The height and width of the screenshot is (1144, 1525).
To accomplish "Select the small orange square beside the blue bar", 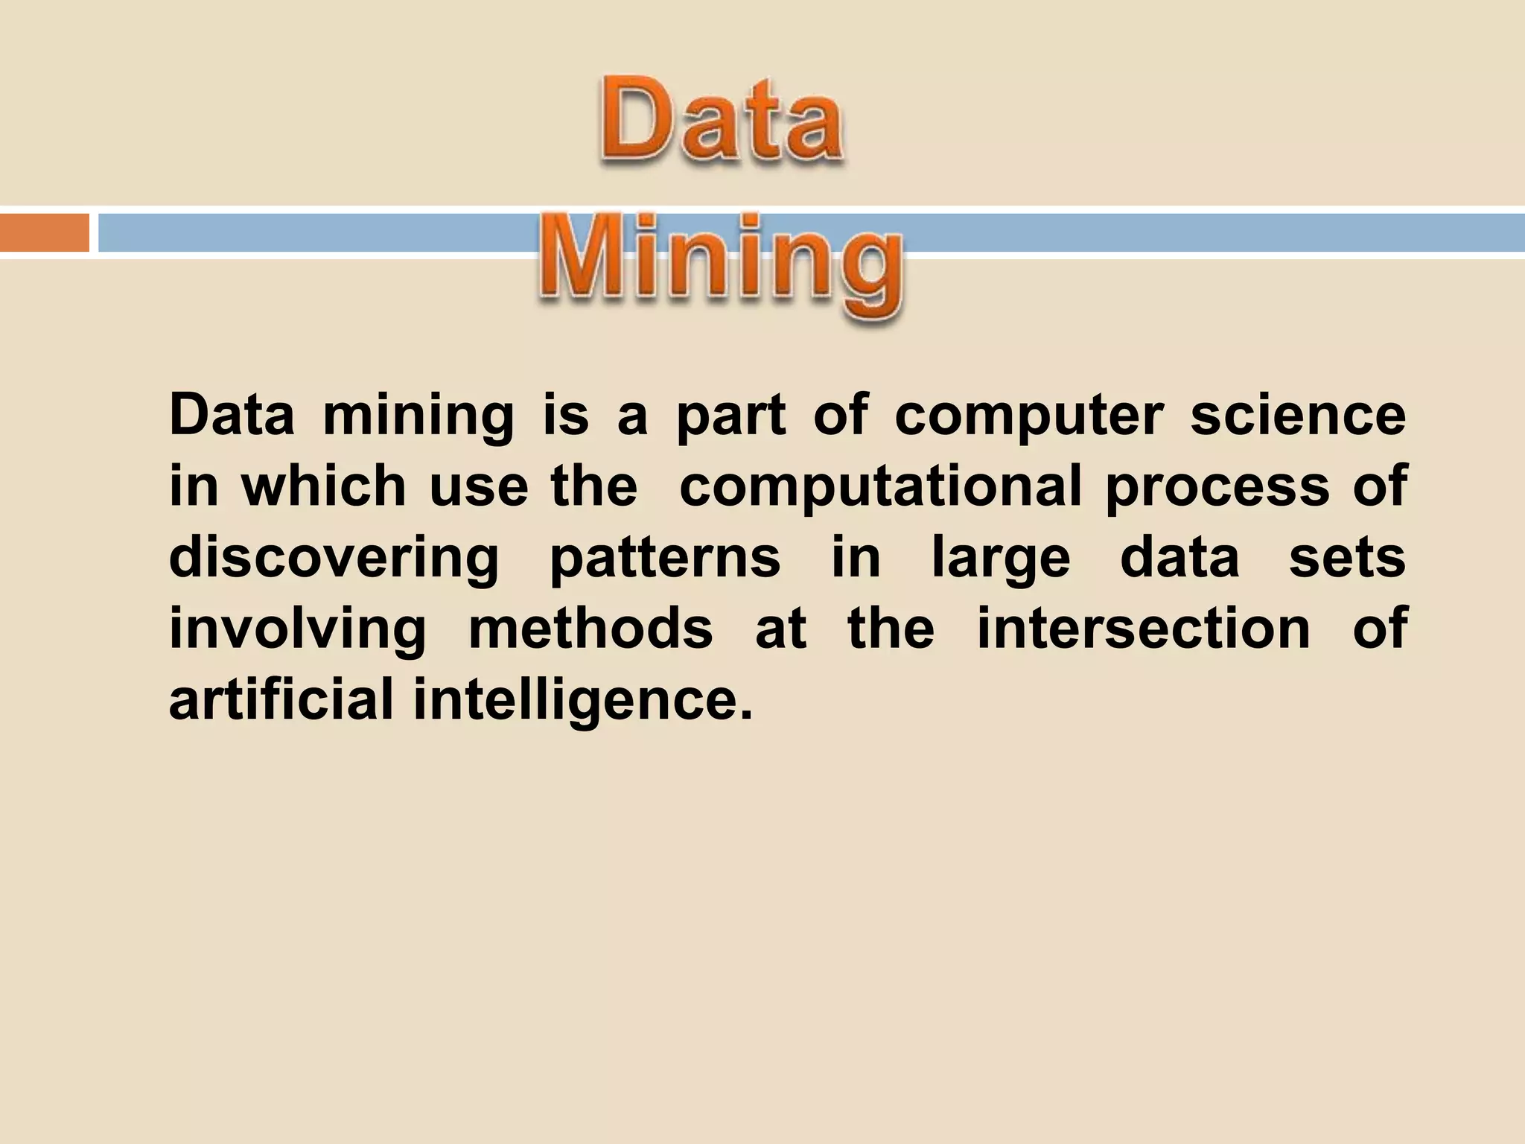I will [44, 233].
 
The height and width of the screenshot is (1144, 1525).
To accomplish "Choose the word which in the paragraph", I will [323, 486].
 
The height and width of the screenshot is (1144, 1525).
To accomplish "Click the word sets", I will [1347, 557].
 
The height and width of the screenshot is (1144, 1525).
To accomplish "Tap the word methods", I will [590, 629].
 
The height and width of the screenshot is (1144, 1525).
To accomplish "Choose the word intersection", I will [1143, 629].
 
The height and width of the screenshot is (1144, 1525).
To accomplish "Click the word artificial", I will [281, 700].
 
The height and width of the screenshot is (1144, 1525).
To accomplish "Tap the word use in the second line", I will [479, 487].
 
